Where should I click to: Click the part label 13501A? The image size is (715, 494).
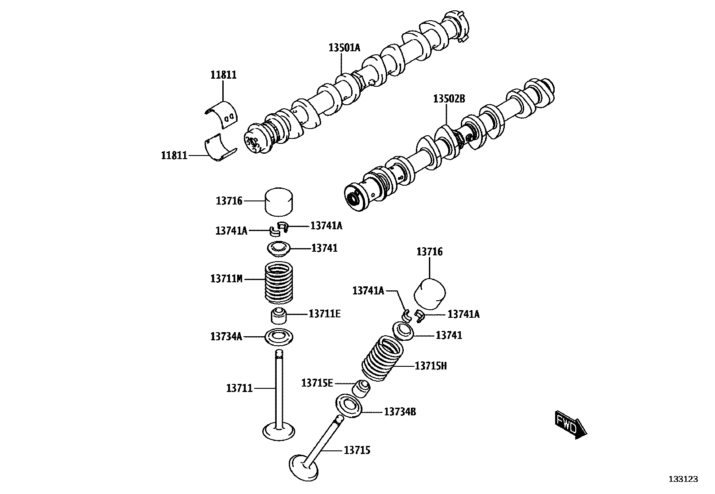[x=344, y=48]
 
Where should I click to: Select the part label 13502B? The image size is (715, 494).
[x=449, y=98]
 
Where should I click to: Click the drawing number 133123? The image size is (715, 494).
[x=683, y=479]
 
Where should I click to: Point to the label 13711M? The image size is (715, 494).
[x=226, y=279]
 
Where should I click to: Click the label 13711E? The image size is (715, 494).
[x=324, y=314]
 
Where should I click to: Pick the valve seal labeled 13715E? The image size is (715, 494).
[x=362, y=388]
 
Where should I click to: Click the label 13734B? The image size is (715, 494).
[x=400, y=412]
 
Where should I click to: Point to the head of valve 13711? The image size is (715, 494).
[x=279, y=432]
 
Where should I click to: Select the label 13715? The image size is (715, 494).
[x=357, y=450]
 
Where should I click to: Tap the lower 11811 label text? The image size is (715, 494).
[x=174, y=156]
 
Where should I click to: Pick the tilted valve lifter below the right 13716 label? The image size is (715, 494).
[x=429, y=294]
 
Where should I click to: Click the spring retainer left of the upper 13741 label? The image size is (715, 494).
[x=279, y=249]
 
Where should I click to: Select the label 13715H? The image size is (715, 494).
[x=431, y=366]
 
